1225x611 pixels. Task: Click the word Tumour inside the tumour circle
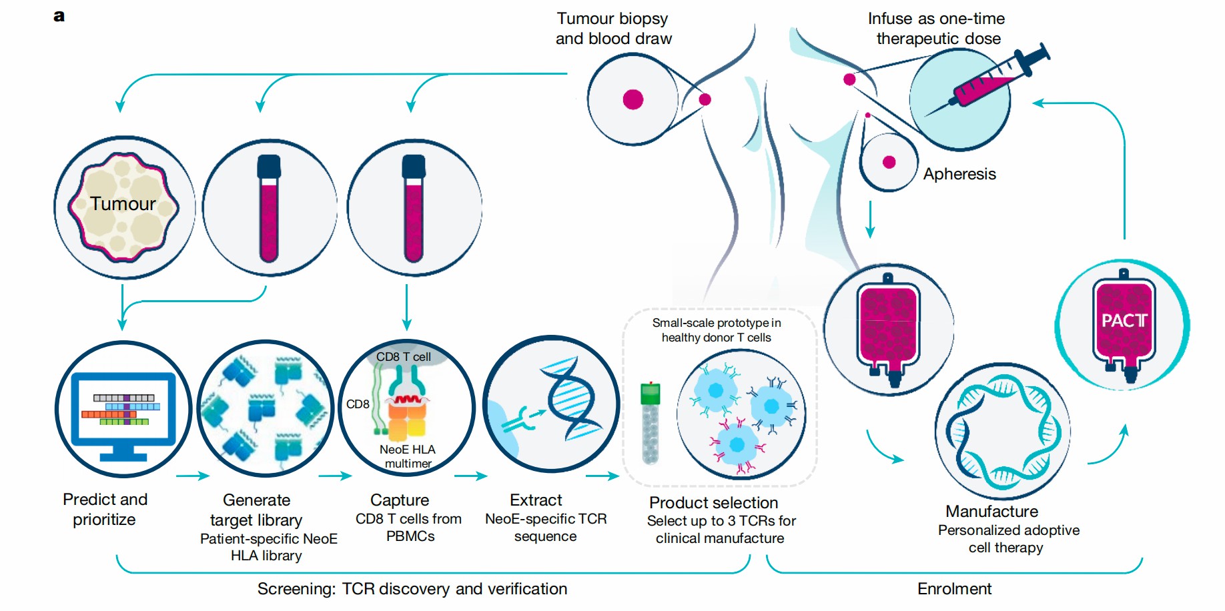(123, 203)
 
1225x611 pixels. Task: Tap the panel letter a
(59, 16)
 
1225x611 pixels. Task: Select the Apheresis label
(959, 174)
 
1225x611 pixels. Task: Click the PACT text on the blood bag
(1124, 321)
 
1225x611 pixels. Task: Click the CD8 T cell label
(403, 357)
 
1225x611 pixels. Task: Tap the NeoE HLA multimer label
(408, 456)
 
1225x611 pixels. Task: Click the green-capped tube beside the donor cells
(650, 423)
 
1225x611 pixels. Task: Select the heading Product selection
(713, 502)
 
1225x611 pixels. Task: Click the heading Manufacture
(991, 512)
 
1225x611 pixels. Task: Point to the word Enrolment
(954, 589)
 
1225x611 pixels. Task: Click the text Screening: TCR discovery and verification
(412, 589)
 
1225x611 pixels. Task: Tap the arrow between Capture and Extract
(471, 476)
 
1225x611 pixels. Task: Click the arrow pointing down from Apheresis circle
(869, 220)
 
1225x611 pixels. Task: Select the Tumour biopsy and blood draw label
(613, 29)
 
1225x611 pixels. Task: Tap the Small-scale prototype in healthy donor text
(716, 330)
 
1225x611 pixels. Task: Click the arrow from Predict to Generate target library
(193, 476)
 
